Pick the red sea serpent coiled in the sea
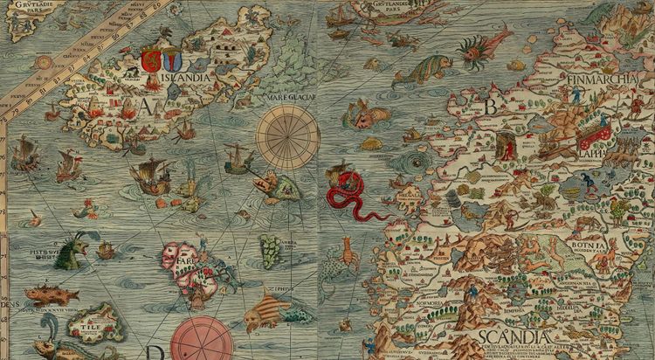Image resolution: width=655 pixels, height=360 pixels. [x=349, y=196]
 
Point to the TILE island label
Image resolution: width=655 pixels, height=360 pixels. [x=90, y=322]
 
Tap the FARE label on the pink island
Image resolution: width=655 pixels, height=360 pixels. [x=184, y=259]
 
